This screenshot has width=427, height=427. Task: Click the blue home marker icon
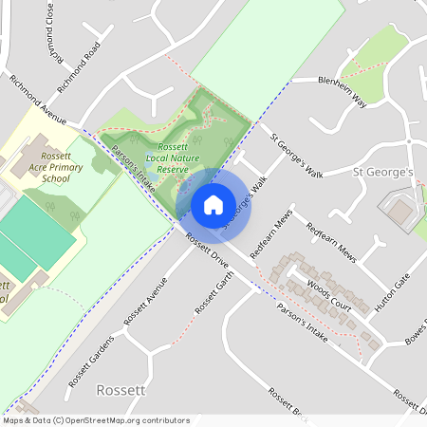tap(213, 204)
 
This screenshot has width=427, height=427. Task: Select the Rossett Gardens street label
tap(90, 362)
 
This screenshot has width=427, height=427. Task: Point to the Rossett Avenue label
tap(145, 301)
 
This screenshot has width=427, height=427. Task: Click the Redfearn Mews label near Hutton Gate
tap(329, 244)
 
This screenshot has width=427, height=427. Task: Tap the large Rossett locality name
tap(121, 390)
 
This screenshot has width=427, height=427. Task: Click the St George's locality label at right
tap(383, 173)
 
